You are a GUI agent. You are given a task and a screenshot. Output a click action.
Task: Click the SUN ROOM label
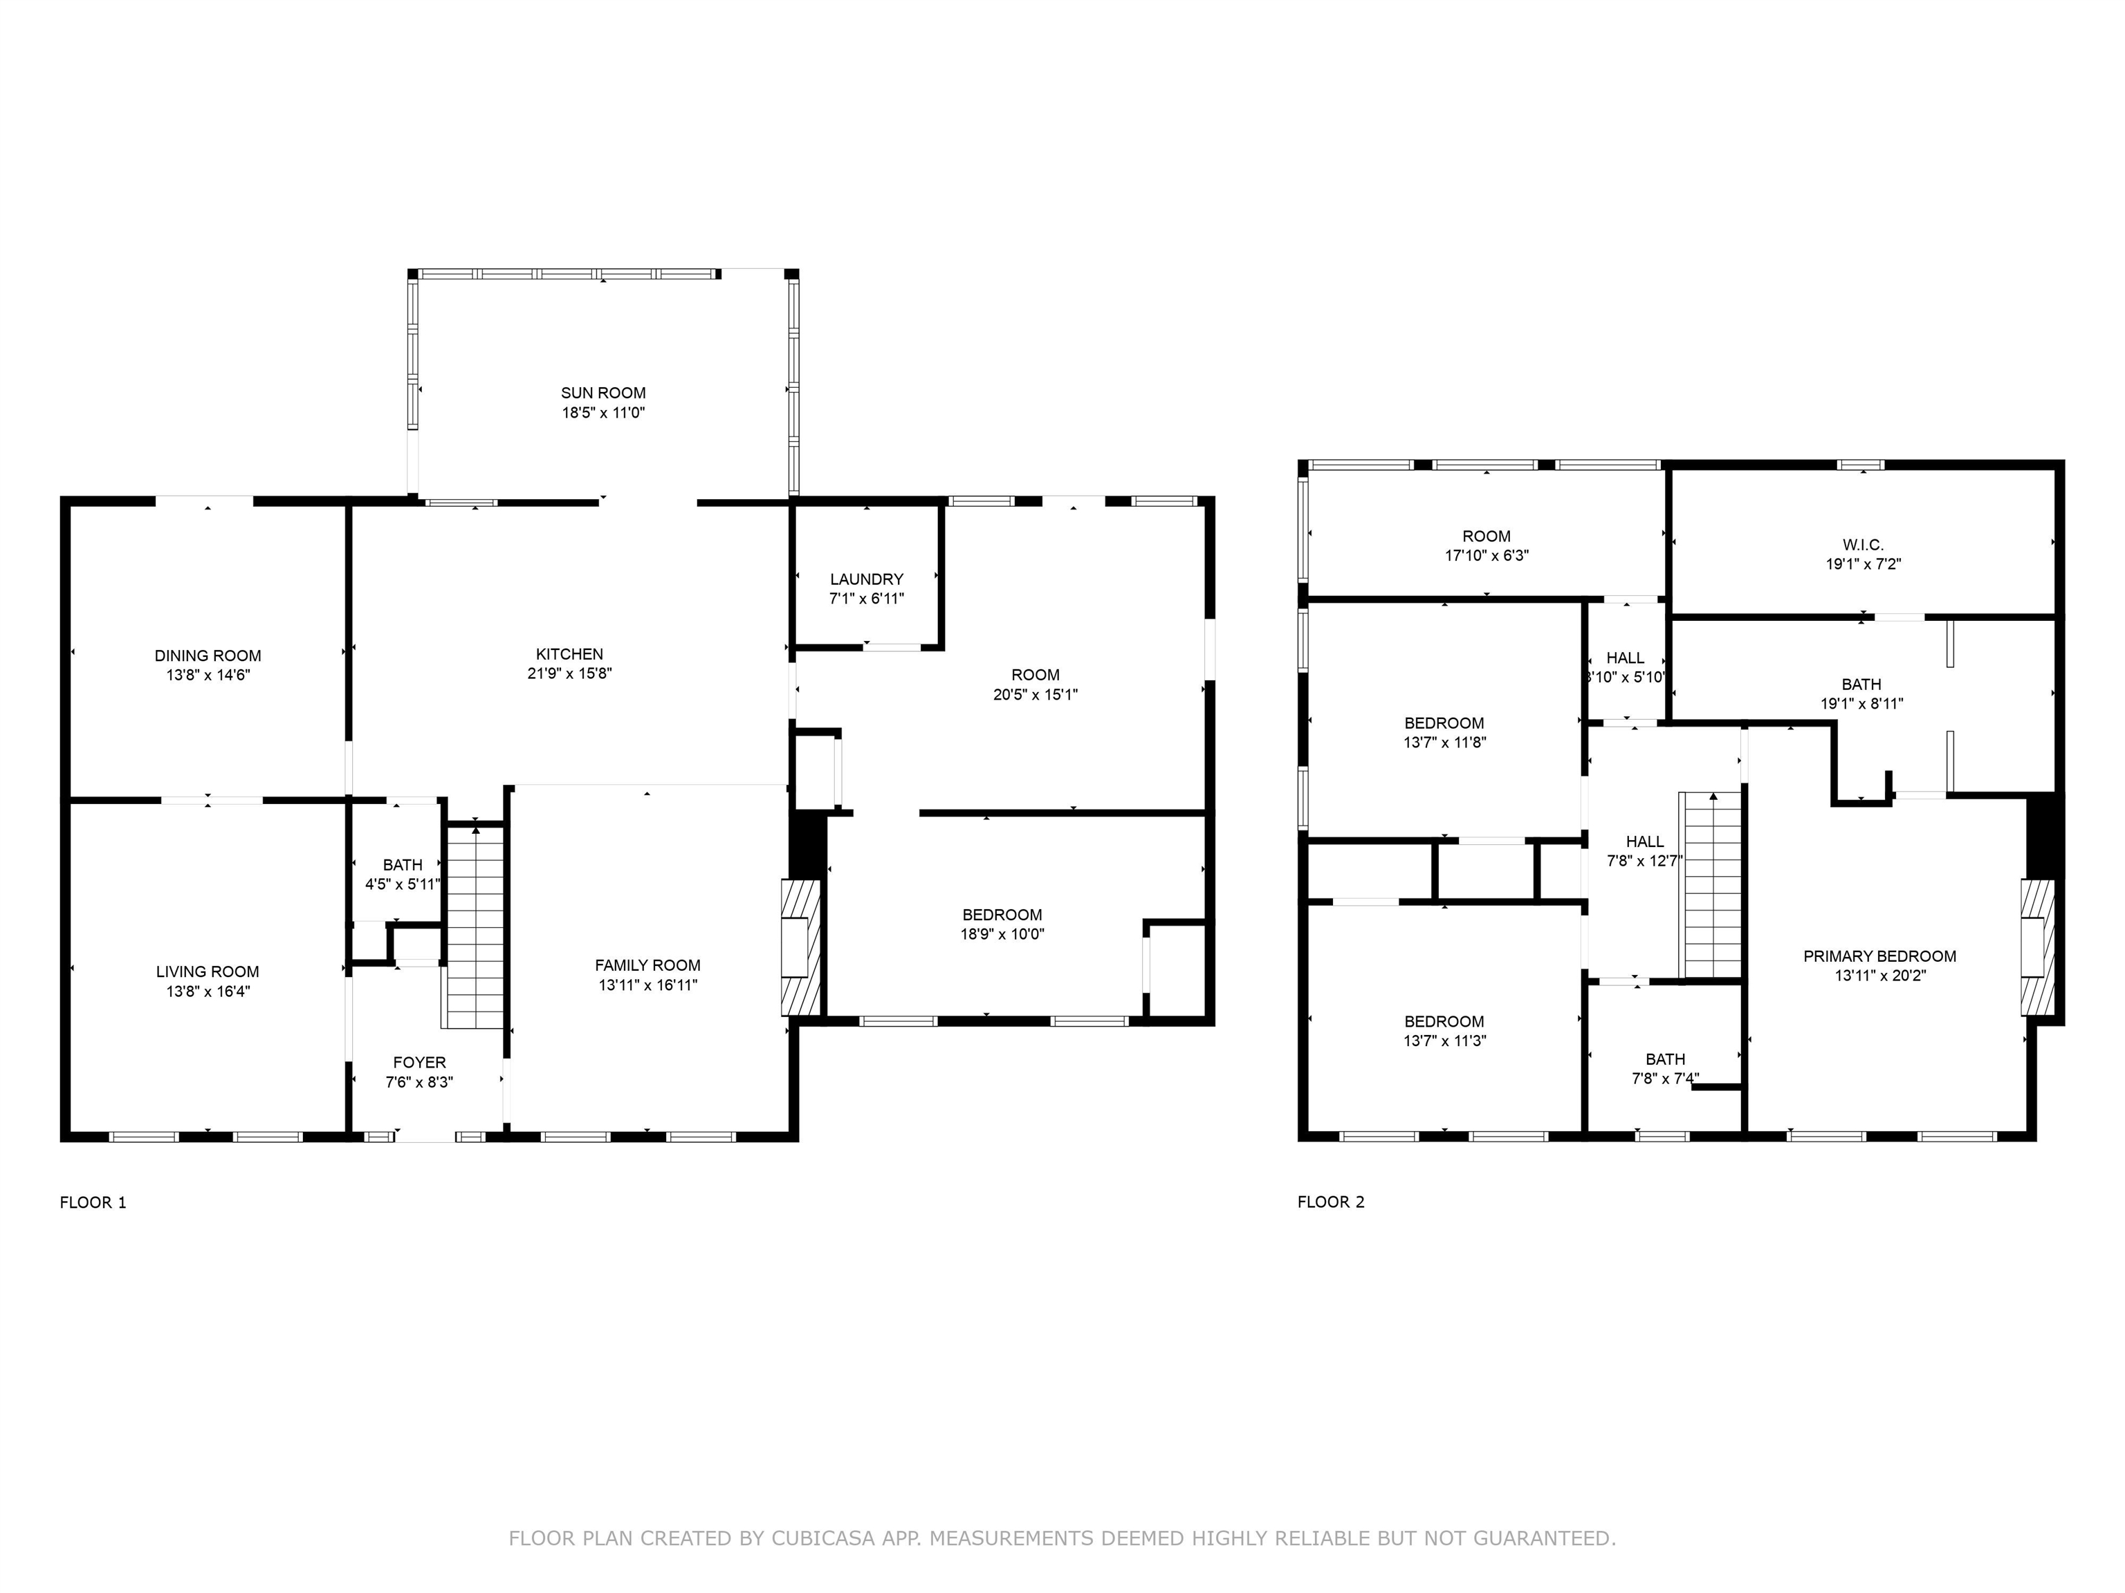coord(602,393)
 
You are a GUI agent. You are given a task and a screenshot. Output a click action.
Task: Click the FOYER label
coord(419,1062)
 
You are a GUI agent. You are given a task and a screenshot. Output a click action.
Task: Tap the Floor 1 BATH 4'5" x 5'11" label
coord(402,865)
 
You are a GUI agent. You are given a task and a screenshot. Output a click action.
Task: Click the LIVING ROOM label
coord(208,971)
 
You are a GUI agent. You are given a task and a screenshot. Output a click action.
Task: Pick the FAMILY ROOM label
coord(647,965)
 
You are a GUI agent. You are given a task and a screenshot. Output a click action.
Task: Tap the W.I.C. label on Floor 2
coord(1863,544)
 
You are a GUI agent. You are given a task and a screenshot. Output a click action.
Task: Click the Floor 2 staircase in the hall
coord(1710,884)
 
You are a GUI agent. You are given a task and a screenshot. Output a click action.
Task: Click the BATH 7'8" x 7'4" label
coord(1665,1059)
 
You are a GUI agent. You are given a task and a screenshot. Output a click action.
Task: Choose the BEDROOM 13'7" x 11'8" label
coord(1443,723)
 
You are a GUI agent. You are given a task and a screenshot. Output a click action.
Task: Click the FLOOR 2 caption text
coord(1330,1202)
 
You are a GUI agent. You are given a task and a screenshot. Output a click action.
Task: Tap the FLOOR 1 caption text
coord(93,1202)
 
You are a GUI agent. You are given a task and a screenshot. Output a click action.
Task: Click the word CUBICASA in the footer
coord(822,1538)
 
